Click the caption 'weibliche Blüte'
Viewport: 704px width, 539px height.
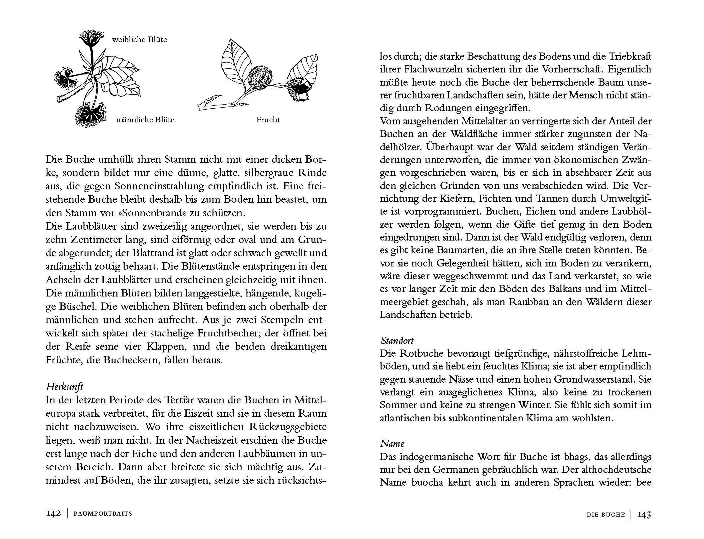(139, 40)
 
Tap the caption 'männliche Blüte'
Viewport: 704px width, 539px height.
(145, 120)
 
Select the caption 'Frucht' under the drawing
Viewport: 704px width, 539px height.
(268, 120)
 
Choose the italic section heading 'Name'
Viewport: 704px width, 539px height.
(392, 444)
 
